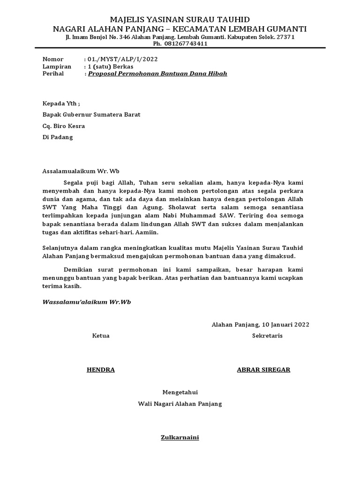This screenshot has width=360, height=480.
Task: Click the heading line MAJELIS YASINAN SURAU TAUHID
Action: (x=180, y=19)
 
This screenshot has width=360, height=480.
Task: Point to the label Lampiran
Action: (x=57, y=67)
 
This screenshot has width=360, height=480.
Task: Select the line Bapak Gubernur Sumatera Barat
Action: (x=91, y=114)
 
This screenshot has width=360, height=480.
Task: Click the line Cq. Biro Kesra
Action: (x=63, y=126)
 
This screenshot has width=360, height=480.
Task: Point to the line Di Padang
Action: (x=58, y=137)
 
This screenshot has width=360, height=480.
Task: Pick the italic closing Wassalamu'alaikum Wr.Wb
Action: (x=87, y=302)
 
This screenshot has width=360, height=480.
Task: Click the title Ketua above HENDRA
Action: (x=101, y=336)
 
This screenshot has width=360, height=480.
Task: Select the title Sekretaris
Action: (x=267, y=336)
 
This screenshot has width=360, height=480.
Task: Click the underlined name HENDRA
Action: (x=100, y=370)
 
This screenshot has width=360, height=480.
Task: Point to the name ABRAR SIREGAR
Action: (x=263, y=370)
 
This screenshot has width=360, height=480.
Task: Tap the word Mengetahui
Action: (x=180, y=392)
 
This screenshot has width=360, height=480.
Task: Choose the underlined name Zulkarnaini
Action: (x=180, y=438)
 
